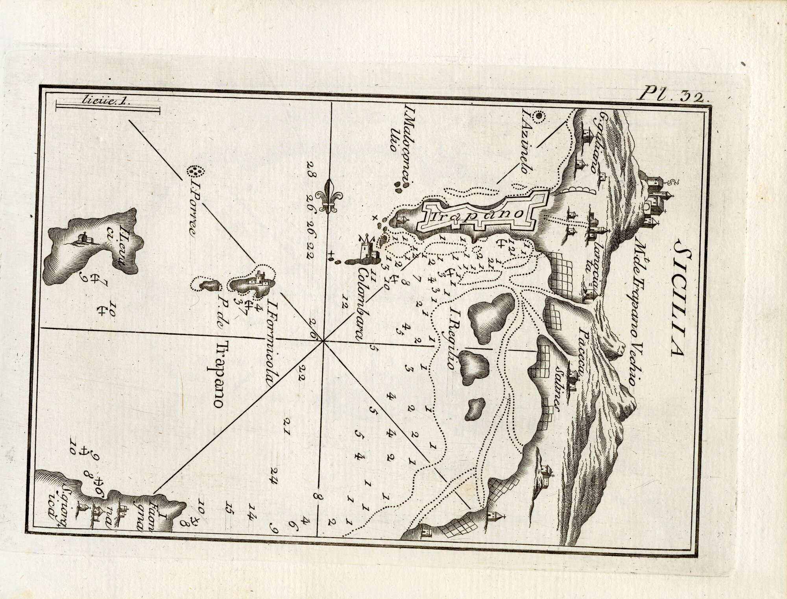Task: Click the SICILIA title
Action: [x=676, y=276]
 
